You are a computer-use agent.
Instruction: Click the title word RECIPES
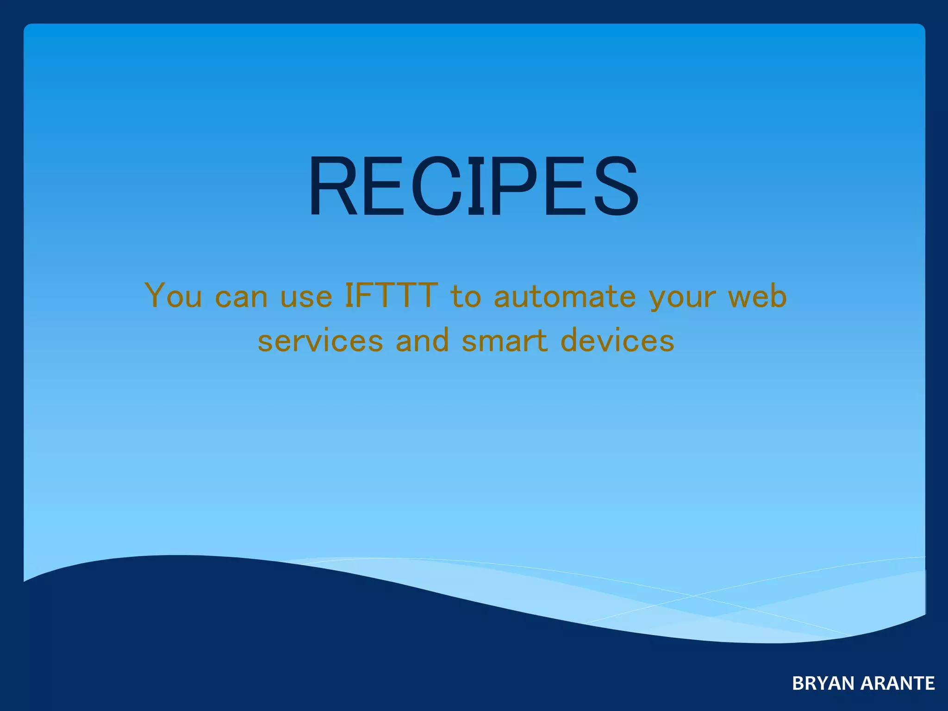pos(474,186)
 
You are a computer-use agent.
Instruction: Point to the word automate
pos(565,296)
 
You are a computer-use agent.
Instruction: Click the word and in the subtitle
pos(422,340)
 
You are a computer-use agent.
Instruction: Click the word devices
pos(617,340)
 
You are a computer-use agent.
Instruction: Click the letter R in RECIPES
pos(333,186)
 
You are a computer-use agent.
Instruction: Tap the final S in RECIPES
pos(617,186)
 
